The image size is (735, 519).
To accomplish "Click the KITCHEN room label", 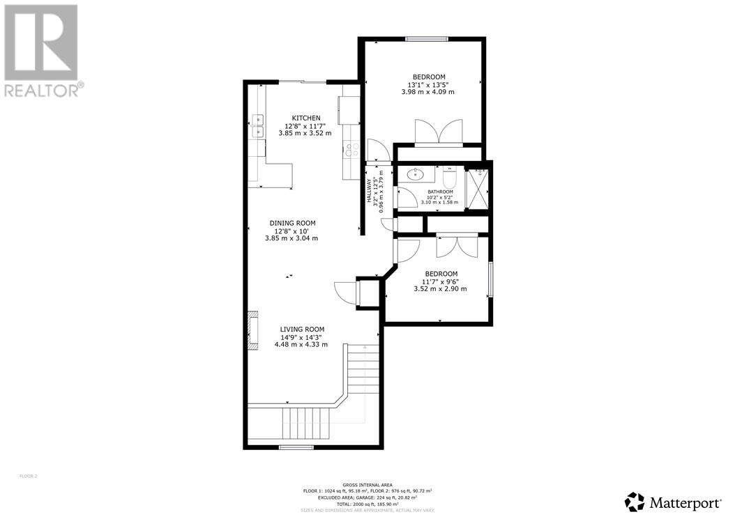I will click(305, 118).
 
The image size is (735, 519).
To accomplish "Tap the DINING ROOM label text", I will click(291, 224).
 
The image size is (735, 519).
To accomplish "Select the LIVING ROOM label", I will click(302, 330).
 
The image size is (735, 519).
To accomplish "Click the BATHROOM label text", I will click(440, 192).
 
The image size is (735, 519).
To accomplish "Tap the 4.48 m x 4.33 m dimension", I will click(302, 344).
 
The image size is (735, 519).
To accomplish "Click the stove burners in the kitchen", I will click(351, 149).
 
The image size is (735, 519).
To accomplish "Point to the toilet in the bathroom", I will click(448, 173).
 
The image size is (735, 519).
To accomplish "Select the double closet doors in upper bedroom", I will click(438, 132).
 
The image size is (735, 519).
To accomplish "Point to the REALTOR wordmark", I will click(43, 90).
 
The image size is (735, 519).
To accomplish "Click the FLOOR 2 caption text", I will click(27, 477).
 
